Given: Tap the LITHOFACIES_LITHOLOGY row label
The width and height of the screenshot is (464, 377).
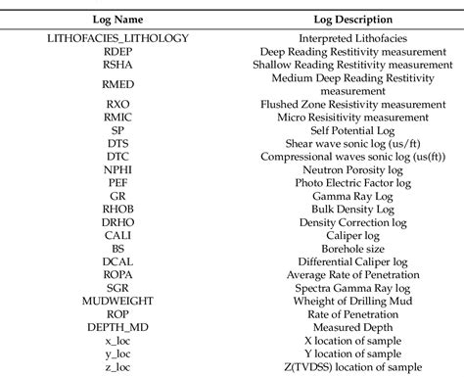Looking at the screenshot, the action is tap(117, 38).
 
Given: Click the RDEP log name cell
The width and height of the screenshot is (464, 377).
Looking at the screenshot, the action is tap(117, 51).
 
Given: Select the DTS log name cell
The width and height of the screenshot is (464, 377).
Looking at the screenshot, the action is tap(117, 143).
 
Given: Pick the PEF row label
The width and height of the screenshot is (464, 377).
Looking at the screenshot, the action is tap(117, 182).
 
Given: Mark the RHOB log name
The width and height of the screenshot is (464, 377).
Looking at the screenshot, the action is tap(117, 209).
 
